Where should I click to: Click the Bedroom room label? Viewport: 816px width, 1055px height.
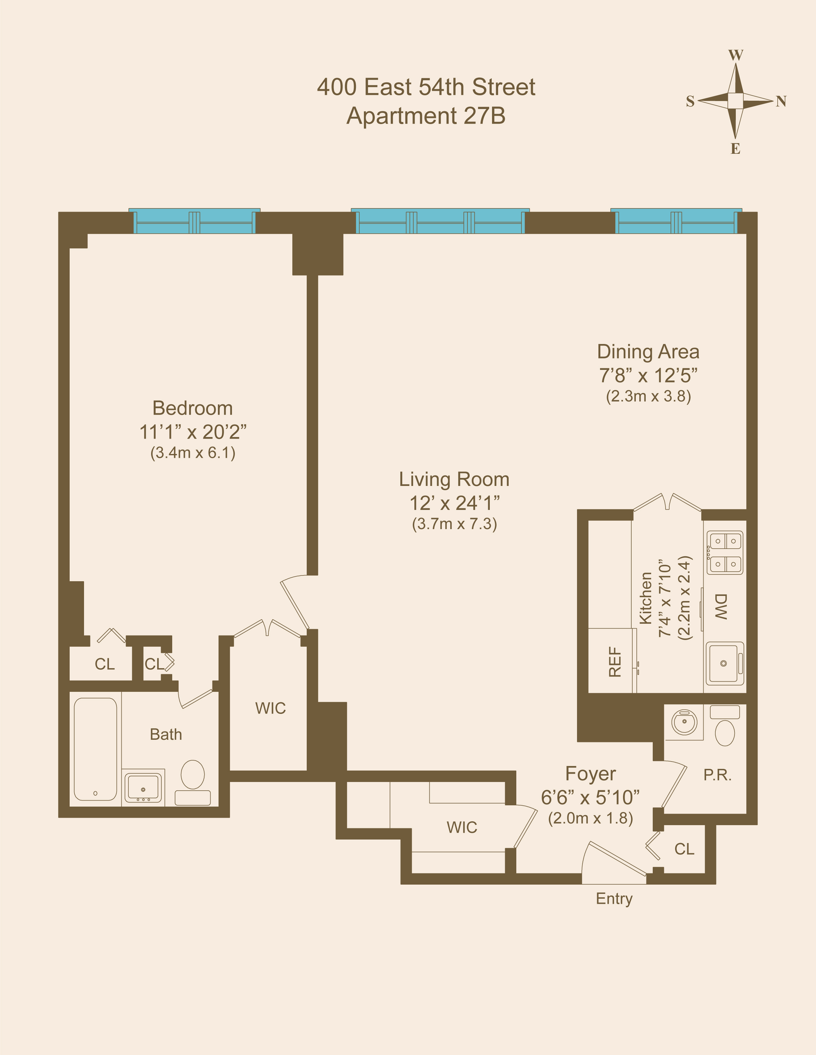click(x=193, y=408)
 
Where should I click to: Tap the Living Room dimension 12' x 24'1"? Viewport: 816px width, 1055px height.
click(x=454, y=503)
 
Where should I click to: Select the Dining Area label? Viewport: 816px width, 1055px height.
click(x=648, y=352)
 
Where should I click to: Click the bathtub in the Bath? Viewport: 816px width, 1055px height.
click(x=96, y=749)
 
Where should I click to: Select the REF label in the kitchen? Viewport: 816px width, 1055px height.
click(x=615, y=662)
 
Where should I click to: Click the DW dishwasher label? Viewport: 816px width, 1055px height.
click(x=720, y=607)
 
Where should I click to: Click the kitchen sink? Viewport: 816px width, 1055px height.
click(x=724, y=663)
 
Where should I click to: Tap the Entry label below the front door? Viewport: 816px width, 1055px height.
click(x=614, y=898)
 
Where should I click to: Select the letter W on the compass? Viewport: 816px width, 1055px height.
click(x=735, y=55)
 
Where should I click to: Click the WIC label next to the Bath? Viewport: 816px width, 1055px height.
click(x=270, y=708)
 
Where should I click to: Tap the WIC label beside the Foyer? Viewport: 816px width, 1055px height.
click(x=462, y=827)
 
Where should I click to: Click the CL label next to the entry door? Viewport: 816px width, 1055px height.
click(x=684, y=849)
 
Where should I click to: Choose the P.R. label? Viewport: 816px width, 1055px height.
click(x=717, y=775)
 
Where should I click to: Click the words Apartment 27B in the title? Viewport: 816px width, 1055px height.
click(x=426, y=116)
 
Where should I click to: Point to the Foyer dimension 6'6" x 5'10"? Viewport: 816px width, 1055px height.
click(x=590, y=798)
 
